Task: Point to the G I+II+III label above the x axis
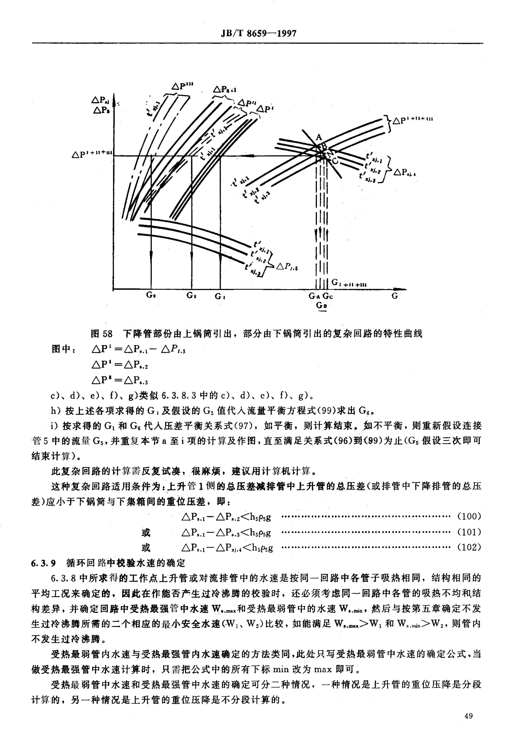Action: [x=349, y=283]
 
